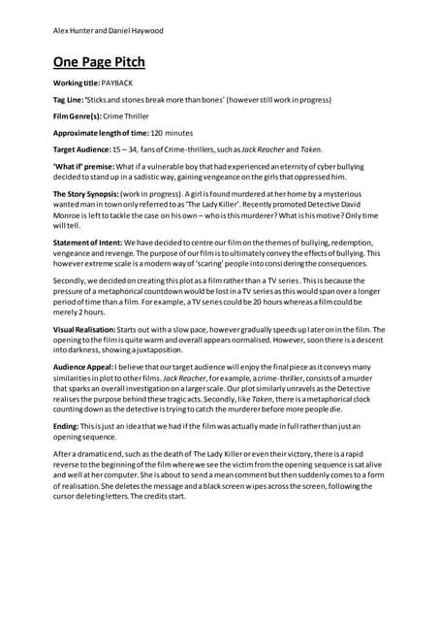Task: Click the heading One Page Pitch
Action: coord(99,63)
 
